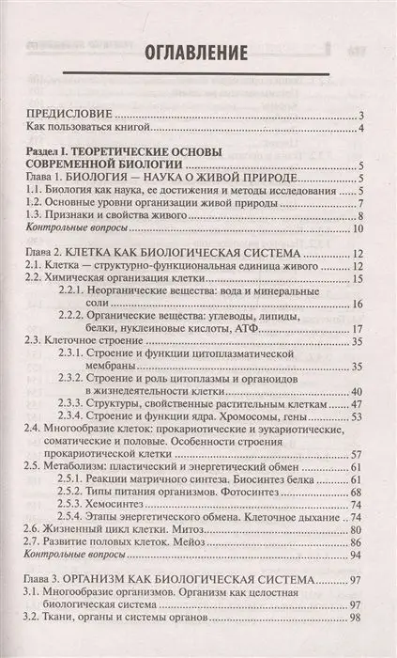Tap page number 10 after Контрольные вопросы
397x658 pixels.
(x=359, y=230)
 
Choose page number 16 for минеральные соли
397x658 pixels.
(x=359, y=306)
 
